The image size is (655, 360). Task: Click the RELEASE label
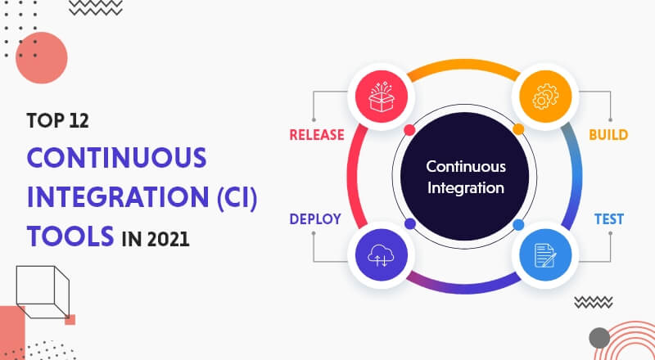point(317,135)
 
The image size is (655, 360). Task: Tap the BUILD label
point(608,135)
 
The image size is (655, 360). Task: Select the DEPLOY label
point(315,219)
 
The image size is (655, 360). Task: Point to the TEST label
point(609,219)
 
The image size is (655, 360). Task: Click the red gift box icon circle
point(381,97)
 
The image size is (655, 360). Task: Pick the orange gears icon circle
point(545,97)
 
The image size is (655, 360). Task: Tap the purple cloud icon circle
point(381,254)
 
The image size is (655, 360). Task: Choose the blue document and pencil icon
point(545,254)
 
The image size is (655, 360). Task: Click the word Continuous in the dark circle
point(466,167)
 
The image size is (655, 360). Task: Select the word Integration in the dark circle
point(466,188)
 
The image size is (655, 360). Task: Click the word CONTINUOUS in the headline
point(116,157)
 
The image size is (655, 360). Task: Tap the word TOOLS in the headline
point(70,236)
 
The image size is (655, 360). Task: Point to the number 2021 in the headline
point(168,239)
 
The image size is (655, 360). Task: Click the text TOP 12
point(58,121)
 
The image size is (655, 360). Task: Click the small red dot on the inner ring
point(410,130)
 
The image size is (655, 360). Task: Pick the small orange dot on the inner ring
point(518,129)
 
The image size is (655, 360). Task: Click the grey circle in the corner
point(599,338)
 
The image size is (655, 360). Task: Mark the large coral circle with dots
point(42,58)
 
